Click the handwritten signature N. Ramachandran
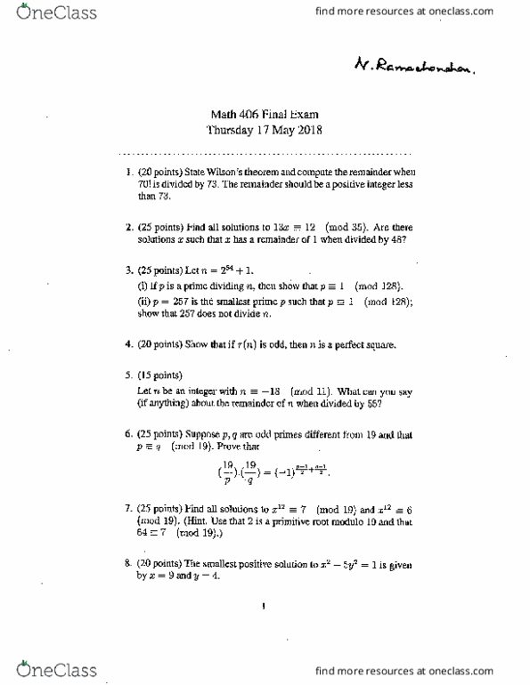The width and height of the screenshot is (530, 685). pyautogui.click(x=413, y=63)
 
